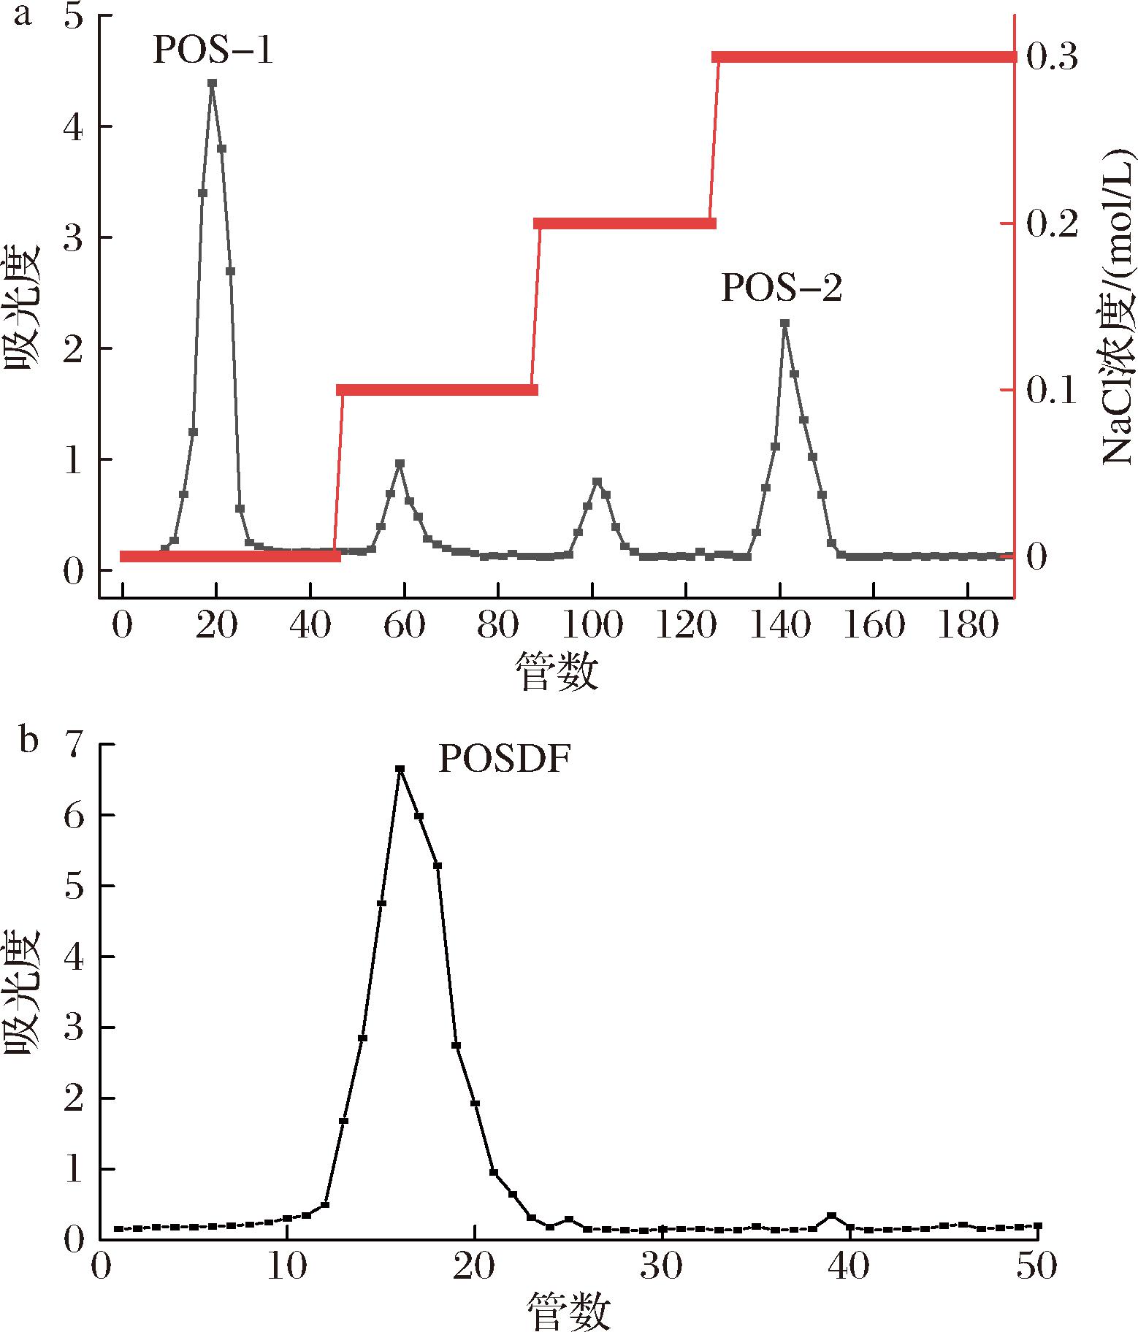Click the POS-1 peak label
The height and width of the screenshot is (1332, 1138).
pyautogui.click(x=213, y=52)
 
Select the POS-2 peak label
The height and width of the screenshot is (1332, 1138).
pyautogui.click(x=781, y=288)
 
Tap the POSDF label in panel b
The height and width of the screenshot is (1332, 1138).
pyautogui.click(x=503, y=760)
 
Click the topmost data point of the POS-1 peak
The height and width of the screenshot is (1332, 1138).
pyautogui.click(x=212, y=83)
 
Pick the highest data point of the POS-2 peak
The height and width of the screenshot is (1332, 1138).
pyautogui.click(x=784, y=323)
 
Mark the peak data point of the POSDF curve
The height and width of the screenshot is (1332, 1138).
pyautogui.click(x=400, y=769)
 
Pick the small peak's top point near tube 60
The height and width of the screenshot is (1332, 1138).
pyautogui.click(x=400, y=464)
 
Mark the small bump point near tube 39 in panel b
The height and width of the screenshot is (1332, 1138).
pyautogui.click(x=831, y=1215)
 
